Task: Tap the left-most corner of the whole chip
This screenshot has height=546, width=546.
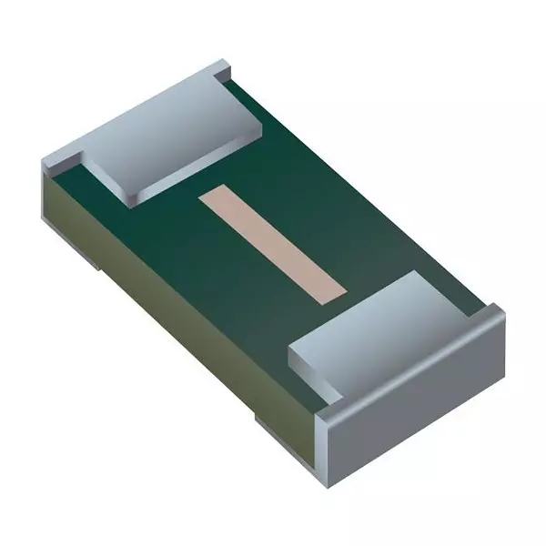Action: (43, 164)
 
